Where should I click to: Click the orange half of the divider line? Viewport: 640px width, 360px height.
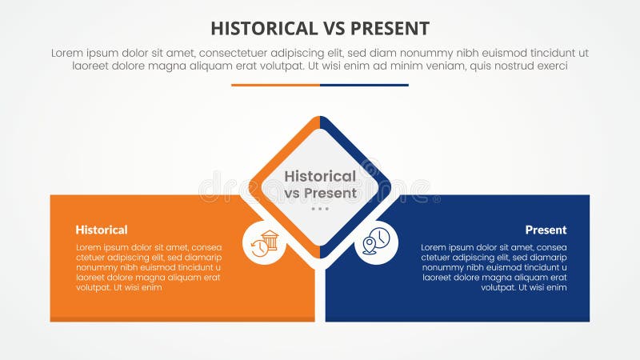tap(275, 85)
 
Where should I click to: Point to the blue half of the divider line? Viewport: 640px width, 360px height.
tap(364, 85)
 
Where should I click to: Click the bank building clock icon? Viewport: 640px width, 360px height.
tap(264, 242)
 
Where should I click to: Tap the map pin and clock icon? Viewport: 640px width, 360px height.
tap(376, 242)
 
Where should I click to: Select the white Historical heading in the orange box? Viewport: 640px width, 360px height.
tap(102, 230)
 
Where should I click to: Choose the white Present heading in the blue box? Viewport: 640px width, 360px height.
tap(546, 230)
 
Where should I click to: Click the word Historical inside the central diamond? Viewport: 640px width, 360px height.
tap(320, 176)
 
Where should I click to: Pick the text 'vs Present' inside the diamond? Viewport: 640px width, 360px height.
tap(320, 193)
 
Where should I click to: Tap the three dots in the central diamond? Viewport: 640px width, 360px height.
tap(320, 209)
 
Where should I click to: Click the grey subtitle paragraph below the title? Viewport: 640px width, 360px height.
tap(320, 59)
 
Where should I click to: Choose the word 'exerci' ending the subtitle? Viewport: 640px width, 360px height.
tap(550, 66)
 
